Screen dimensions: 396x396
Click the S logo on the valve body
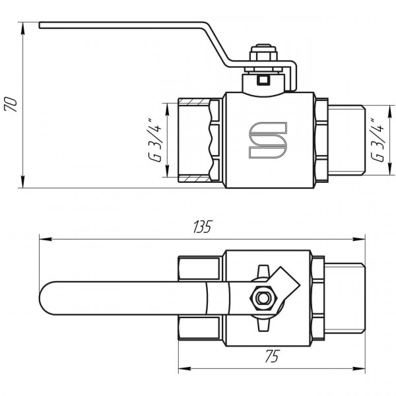(267, 141)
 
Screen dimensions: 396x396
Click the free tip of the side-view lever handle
(41, 26)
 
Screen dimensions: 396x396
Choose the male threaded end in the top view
(345, 300)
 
